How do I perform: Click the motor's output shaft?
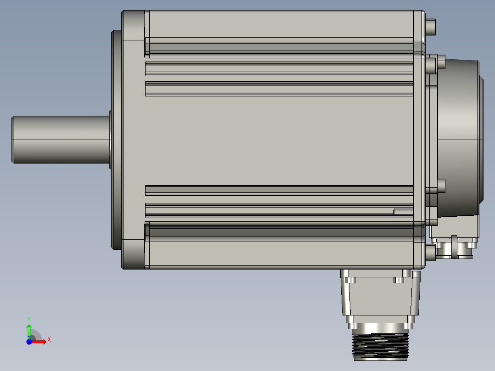click(x=60, y=139)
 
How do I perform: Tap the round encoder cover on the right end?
click(x=459, y=138)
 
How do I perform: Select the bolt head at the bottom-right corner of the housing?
click(x=430, y=252)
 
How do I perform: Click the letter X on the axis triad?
click(x=49, y=340)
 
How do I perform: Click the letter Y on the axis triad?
click(x=29, y=319)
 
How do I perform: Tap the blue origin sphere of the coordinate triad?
click(x=29, y=342)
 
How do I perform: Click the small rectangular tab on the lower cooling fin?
click(x=403, y=212)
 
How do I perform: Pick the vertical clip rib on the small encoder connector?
click(x=455, y=246)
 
